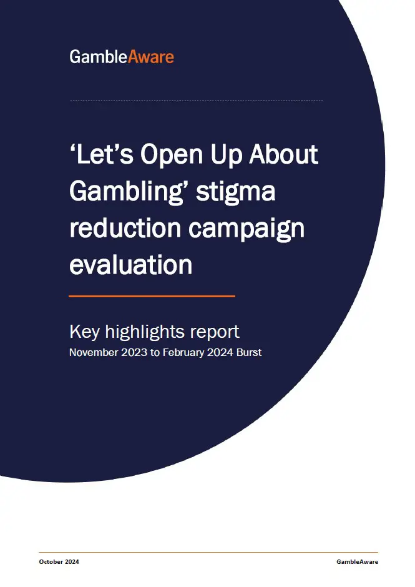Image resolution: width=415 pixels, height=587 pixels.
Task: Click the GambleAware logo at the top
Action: pos(122,57)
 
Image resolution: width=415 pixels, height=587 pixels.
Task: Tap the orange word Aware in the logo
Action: pos(151,57)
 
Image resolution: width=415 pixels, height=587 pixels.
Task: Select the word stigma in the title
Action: pos(236,192)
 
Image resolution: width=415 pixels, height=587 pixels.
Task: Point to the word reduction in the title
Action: pos(125,228)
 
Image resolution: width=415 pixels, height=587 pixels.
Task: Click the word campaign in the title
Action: pos(247,229)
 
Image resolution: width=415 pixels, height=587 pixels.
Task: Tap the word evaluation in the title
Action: pos(130,265)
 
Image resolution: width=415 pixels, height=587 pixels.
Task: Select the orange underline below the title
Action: pos(152,296)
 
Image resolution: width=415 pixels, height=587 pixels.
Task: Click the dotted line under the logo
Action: pos(196,101)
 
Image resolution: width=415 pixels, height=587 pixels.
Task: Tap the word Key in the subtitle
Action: pos(85,332)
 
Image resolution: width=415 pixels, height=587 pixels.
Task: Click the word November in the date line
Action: pos(94,352)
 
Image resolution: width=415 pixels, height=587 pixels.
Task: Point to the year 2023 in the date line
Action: pos(134,352)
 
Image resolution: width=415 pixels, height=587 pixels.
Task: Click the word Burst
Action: pos(249,352)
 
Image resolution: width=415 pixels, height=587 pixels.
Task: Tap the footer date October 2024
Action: pos(59,561)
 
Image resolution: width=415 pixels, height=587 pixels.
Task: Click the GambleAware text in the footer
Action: pos(357,561)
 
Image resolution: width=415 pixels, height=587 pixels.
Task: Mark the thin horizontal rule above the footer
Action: pos(208,552)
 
